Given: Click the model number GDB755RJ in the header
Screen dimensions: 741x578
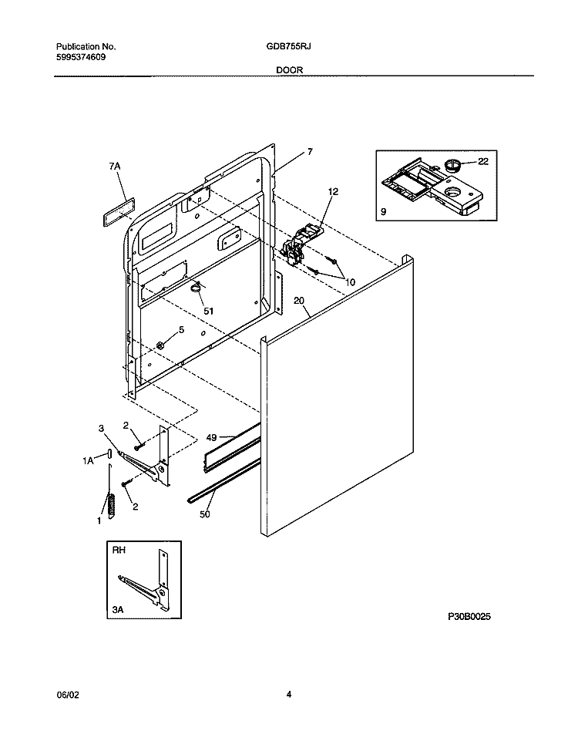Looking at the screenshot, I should (x=289, y=46).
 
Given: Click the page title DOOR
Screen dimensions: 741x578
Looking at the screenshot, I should (x=289, y=69).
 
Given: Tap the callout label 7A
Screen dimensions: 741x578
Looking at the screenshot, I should (x=116, y=166).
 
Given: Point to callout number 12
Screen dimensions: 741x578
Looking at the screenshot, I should (x=333, y=191).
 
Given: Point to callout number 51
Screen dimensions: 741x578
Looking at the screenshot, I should (x=208, y=311).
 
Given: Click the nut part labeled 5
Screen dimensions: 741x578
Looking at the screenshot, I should (x=162, y=344).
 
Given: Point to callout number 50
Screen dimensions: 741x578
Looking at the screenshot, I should (x=204, y=514).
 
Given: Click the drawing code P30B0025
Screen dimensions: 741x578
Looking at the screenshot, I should (x=469, y=618).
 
